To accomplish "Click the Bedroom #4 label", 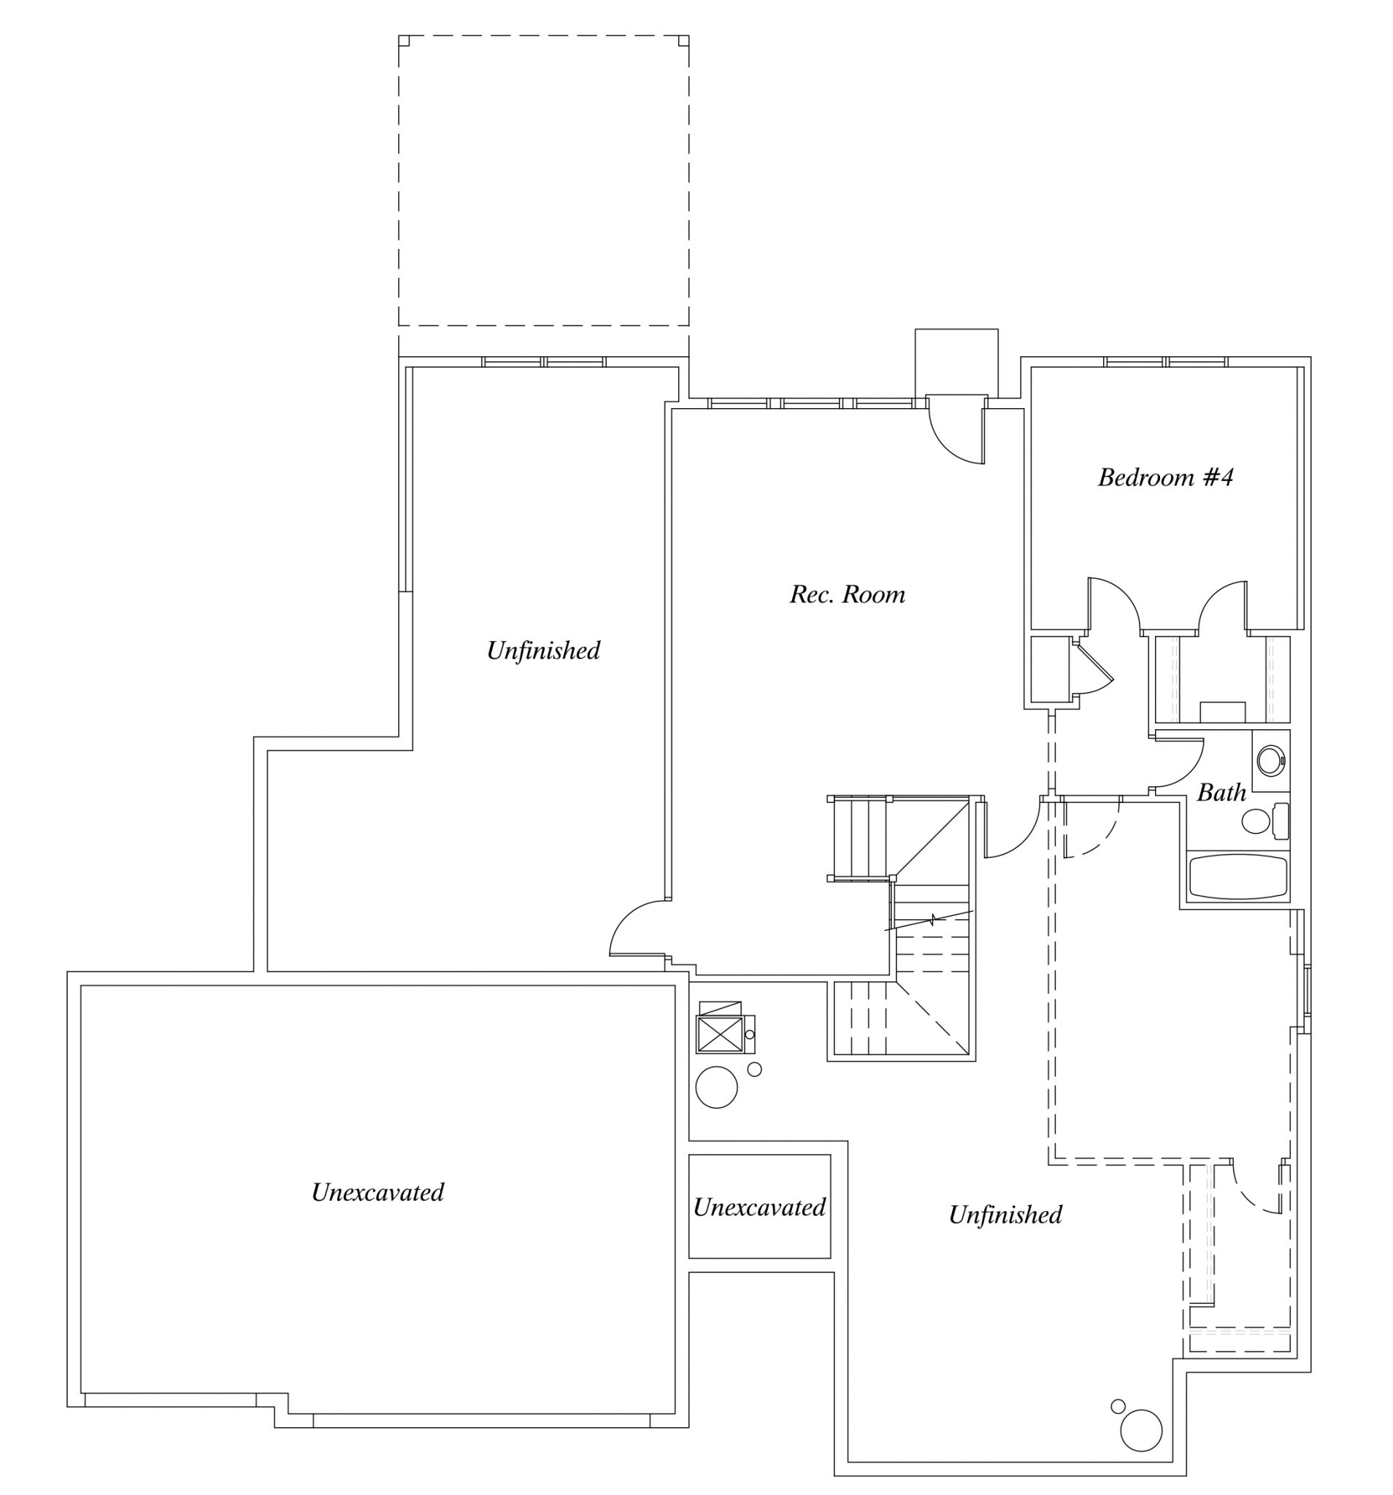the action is click(x=1164, y=477).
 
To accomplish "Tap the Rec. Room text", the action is click(x=847, y=595).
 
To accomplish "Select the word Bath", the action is click(x=1221, y=793).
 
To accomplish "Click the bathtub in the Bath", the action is click(x=1237, y=877).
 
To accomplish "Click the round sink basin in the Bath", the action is click(x=1271, y=761).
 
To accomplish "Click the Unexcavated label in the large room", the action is click(x=377, y=1193).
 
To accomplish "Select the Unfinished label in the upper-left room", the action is click(x=543, y=650).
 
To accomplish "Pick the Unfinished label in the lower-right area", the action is click(x=1005, y=1215).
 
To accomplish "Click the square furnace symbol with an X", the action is click(x=719, y=1033).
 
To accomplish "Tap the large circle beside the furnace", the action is click(x=716, y=1087).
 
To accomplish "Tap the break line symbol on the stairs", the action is click(x=931, y=920).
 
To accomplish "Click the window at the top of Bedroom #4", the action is click(x=1165, y=362).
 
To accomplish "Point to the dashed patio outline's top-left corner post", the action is click(x=403, y=41).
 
